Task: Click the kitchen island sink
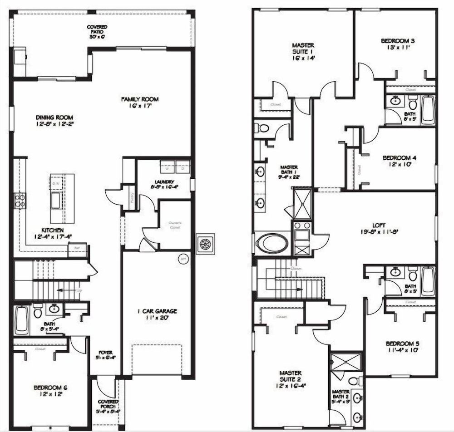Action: pos(56,200)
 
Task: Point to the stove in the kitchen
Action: pos(20,201)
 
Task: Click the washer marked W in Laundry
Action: pos(167,167)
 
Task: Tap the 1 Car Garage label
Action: pos(157,314)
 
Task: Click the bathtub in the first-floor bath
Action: pos(22,319)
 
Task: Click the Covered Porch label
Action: pos(108,405)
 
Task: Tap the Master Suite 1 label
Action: pos(303,51)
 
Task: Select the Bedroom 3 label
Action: pos(397,44)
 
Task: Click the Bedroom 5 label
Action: pos(402,346)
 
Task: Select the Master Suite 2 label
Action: pos(290,379)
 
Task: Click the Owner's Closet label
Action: pos(175,225)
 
